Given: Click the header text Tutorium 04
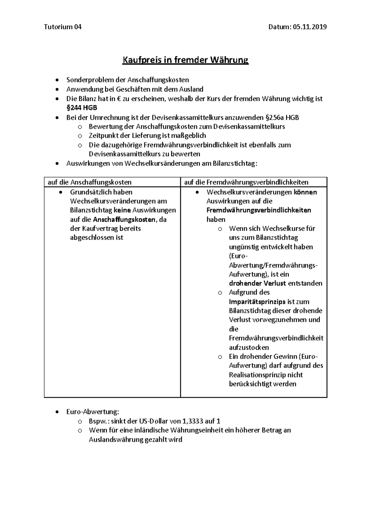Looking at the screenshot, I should tap(63, 27).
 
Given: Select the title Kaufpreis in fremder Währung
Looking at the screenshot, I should tap(185, 60).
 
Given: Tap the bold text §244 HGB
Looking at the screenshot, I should tap(82, 108).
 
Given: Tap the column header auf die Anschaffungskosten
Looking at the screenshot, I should tap(89, 182).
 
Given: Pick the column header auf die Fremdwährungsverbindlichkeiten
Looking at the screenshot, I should tap(246, 182).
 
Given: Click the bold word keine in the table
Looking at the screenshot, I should tap(122, 210).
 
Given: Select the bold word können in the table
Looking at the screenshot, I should tap(305, 192).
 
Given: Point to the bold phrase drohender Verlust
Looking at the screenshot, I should tap(257, 283).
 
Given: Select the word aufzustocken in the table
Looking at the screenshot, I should tap(249, 347).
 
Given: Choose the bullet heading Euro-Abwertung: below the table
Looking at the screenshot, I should tap(92, 412).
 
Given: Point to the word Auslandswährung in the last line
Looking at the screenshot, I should tap(116, 439).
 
